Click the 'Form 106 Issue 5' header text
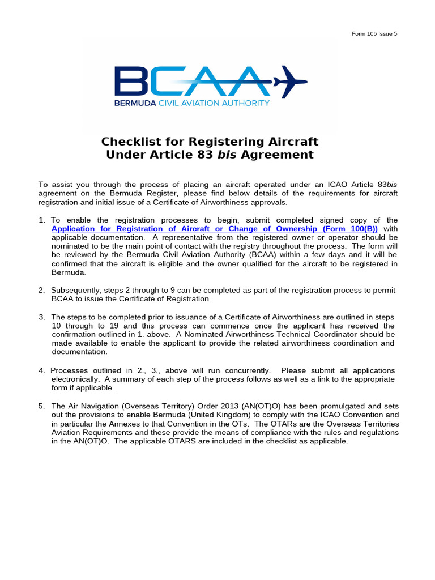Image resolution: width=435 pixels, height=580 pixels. (x=374, y=33)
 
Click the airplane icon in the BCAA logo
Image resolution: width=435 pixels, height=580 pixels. (x=290, y=80)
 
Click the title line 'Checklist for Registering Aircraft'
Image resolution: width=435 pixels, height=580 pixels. (x=210, y=141)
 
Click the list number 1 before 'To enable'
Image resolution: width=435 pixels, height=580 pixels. (x=41, y=220)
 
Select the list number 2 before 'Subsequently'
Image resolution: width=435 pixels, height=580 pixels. (x=41, y=290)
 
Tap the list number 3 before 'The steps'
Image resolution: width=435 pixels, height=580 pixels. (x=41, y=317)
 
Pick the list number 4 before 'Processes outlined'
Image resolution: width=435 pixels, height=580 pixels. (x=41, y=370)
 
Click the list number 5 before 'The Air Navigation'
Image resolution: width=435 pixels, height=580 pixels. (x=41, y=406)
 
